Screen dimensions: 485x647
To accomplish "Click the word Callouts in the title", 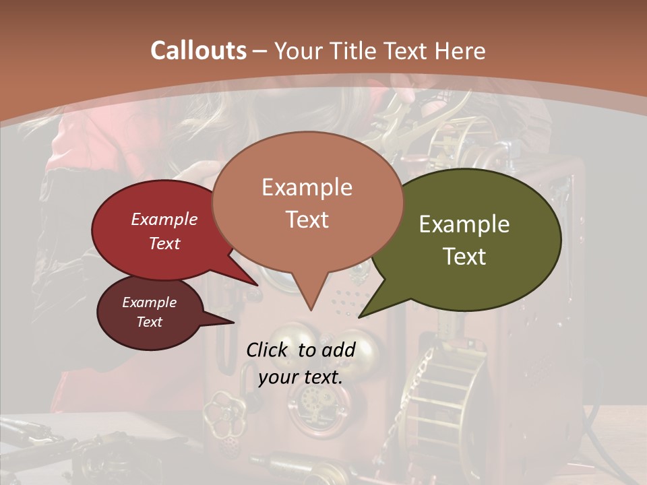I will click(x=198, y=51).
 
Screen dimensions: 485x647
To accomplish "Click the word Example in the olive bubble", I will click(x=464, y=224).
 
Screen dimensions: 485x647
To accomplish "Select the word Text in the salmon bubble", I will click(x=307, y=220).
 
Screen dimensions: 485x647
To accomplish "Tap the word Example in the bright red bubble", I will click(x=164, y=219).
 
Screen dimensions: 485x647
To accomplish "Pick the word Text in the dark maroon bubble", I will click(x=150, y=322).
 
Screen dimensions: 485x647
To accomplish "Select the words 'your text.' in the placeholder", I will click(x=301, y=377).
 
